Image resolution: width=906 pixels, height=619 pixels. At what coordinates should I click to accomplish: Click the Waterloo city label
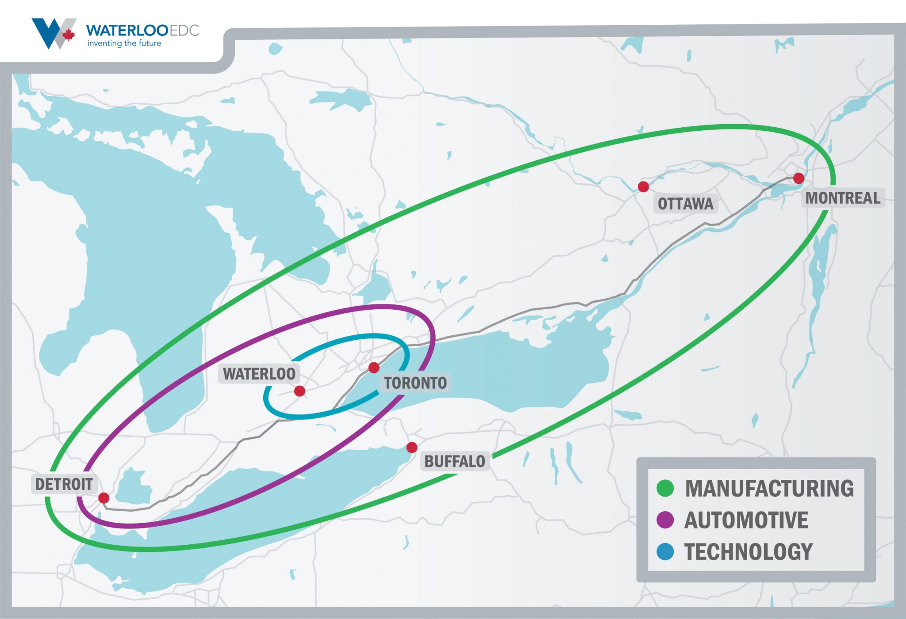(x=259, y=374)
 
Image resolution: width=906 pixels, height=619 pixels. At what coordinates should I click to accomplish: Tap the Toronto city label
(x=415, y=383)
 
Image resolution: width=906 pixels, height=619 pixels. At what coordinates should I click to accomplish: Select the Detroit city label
(x=64, y=484)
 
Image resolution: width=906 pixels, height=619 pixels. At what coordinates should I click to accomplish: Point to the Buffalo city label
(x=455, y=461)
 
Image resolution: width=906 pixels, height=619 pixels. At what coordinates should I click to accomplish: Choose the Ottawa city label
(x=685, y=204)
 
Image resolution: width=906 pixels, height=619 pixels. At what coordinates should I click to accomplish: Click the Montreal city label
(x=843, y=198)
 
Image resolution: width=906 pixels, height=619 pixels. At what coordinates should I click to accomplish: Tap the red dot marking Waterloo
(x=299, y=391)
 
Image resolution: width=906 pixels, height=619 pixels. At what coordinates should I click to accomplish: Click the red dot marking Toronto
(x=374, y=368)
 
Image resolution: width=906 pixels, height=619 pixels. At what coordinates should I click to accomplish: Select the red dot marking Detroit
(x=104, y=498)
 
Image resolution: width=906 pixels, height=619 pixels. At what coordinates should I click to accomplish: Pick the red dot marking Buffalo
(x=412, y=448)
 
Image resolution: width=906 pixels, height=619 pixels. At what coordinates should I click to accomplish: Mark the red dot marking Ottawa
(x=643, y=187)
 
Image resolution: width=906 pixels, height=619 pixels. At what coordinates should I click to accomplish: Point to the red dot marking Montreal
(x=799, y=178)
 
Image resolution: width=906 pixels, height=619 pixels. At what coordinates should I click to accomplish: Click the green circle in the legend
(x=665, y=488)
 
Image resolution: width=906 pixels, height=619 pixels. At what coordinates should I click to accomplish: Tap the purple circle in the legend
(x=665, y=520)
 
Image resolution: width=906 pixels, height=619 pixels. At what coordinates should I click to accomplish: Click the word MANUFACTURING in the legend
(x=769, y=488)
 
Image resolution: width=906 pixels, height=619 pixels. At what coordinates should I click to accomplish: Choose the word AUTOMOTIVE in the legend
(x=746, y=520)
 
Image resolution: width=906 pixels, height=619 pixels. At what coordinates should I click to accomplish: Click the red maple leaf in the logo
(x=68, y=34)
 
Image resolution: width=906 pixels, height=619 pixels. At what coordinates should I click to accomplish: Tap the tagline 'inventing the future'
(x=124, y=43)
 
